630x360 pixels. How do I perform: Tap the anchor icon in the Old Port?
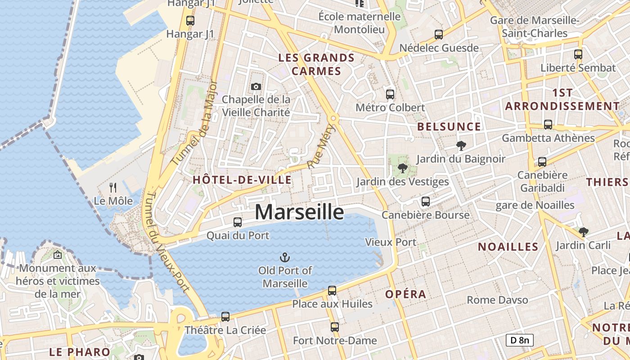coord(284,257)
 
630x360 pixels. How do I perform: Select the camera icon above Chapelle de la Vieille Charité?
coord(256,86)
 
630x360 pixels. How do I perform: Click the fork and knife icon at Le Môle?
coord(113,187)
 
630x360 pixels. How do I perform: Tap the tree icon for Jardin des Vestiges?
coord(402,169)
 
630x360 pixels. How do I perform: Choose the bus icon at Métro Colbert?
coord(390,94)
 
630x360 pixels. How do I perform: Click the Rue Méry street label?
coord(316,153)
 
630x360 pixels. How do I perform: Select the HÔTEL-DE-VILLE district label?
coord(242,180)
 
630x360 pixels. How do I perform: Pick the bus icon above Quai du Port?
coord(238,222)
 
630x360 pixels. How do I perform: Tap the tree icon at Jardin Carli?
coord(583,232)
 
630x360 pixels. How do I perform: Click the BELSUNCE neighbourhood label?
coord(449,127)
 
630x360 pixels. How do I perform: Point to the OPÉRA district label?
coord(405,294)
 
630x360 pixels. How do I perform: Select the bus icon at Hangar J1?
coord(190,21)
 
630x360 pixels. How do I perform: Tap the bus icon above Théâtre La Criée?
coord(225,317)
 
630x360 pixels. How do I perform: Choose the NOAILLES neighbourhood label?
coord(508,247)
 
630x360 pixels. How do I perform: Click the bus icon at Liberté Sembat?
coord(578,54)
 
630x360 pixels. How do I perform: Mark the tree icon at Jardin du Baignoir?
coord(461,146)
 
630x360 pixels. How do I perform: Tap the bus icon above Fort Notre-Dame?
coord(334,327)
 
